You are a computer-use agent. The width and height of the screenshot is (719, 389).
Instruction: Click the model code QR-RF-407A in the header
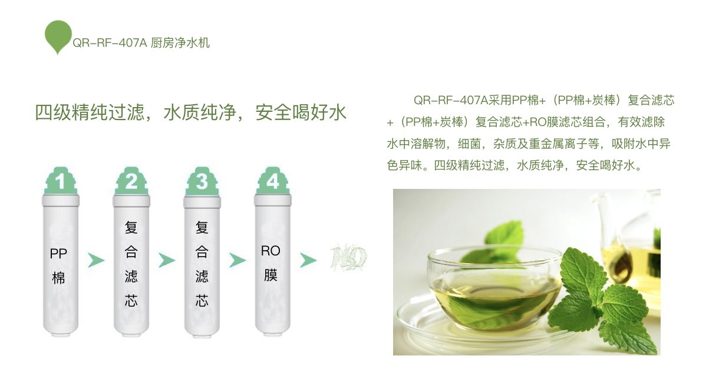(x=110, y=43)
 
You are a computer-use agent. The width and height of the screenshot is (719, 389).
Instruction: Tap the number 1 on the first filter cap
(x=60, y=182)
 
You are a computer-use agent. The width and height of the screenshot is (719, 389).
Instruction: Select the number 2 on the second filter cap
(x=131, y=182)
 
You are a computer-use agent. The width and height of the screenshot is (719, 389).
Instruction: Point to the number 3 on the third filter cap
(x=202, y=182)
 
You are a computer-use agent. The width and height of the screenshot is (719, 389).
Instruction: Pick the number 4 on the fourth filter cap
(x=273, y=182)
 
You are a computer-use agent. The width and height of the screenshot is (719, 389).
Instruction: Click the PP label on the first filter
(x=58, y=254)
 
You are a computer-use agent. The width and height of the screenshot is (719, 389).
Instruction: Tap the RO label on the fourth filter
(x=271, y=251)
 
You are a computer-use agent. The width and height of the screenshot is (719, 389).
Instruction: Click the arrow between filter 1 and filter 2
(x=96, y=260)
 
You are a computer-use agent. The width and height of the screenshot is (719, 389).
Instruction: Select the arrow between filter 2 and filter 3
(x=167, y=260)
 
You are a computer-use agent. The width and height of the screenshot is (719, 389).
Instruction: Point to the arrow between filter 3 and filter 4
(x=238, y=260)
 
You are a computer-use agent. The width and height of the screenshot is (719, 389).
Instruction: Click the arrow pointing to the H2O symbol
(x=308, y=260)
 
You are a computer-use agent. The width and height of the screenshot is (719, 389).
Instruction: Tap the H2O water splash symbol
(x=348, y=257)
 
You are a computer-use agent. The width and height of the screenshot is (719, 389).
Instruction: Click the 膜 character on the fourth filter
(x=271, y=275)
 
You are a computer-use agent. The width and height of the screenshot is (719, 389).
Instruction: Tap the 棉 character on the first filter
(x=58, y=278)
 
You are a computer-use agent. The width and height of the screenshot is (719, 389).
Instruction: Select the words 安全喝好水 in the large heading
(x=301, y=112)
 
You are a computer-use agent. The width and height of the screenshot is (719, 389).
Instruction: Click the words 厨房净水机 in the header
(x=180, y=43)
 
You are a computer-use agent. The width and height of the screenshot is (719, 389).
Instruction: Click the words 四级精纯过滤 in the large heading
(x=90, y=112)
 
